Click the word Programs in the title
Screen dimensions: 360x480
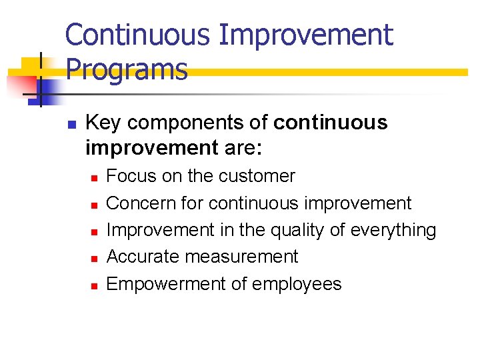(x=127, y=69)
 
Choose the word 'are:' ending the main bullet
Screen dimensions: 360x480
(x=243, y=147)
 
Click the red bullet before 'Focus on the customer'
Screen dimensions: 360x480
(x=94, y=178)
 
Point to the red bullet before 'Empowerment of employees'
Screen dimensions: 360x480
(x=94, y=285)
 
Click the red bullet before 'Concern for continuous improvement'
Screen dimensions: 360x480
(x=94, y=205)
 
